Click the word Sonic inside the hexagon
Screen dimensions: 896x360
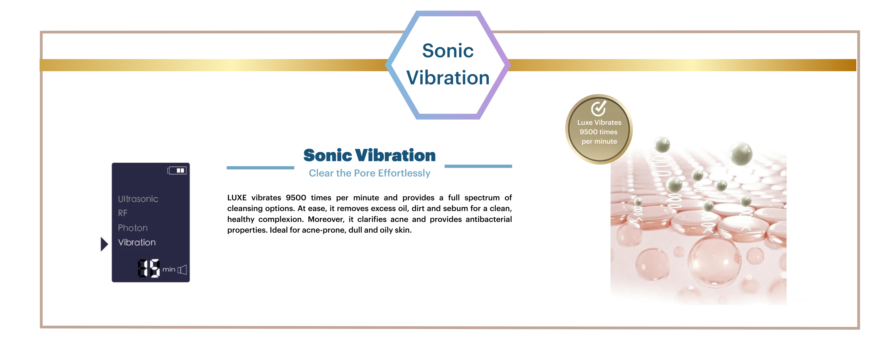[448, 51]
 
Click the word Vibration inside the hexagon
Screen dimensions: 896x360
[448, 77]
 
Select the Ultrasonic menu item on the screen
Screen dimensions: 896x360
[138, 199]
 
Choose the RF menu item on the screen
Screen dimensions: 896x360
[123, 213]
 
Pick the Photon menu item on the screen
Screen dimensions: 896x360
[133, 228]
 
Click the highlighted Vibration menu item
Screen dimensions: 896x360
[137, 242]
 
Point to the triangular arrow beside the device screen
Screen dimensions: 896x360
[104, 244]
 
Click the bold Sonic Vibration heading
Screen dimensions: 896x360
[369, 155]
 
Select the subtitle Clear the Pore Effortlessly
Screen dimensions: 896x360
[369, 173]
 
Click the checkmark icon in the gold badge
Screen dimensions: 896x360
[598, 108]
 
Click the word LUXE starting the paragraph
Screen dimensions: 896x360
[237, 198]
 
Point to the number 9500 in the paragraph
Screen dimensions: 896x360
[296, 198]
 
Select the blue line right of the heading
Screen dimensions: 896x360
[478, 166]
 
